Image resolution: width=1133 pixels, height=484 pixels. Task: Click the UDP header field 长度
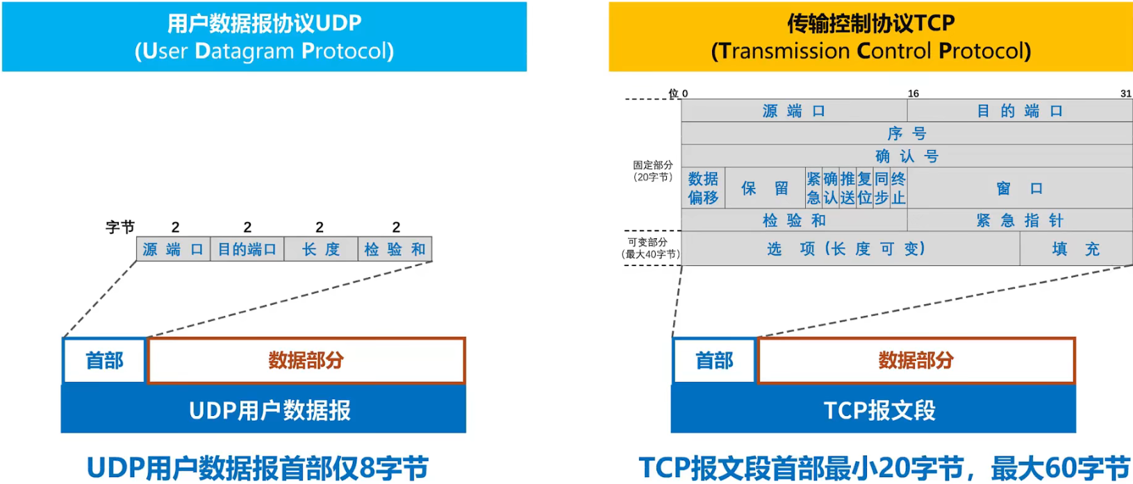[321, 249]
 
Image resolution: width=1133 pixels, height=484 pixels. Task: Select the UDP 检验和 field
[395, 249]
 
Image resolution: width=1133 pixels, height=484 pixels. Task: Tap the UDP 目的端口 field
[247, 249]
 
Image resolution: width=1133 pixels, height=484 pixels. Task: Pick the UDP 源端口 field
[173, 249]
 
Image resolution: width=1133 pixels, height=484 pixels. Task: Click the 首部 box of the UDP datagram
[104, 360]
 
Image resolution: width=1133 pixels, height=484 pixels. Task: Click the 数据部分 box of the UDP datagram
[306, 360]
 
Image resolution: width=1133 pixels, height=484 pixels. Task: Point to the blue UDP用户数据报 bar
[270, 410]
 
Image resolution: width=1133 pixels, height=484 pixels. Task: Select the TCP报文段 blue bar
[879, 410]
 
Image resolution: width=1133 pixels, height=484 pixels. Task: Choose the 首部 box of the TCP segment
[714, 360]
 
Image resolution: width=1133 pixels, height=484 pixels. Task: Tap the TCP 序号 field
[907, 133]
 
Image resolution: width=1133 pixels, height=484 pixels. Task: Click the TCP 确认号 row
[907, 156]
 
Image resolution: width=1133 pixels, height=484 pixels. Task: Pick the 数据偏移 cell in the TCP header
[703, 188]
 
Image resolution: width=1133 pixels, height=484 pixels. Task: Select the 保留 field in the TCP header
[765, 188]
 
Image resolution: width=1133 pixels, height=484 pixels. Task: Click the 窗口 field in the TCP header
[1020, 188]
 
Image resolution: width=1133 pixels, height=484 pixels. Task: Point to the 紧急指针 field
[1020, 221]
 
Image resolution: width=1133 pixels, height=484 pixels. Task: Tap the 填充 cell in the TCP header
[1075, 249]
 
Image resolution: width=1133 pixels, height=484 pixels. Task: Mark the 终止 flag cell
[898, 188]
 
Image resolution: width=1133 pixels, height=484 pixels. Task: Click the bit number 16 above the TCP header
[913, 94]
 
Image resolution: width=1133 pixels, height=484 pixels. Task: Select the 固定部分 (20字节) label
[652, 171]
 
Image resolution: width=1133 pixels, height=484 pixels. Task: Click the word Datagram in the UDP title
[245, 51]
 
